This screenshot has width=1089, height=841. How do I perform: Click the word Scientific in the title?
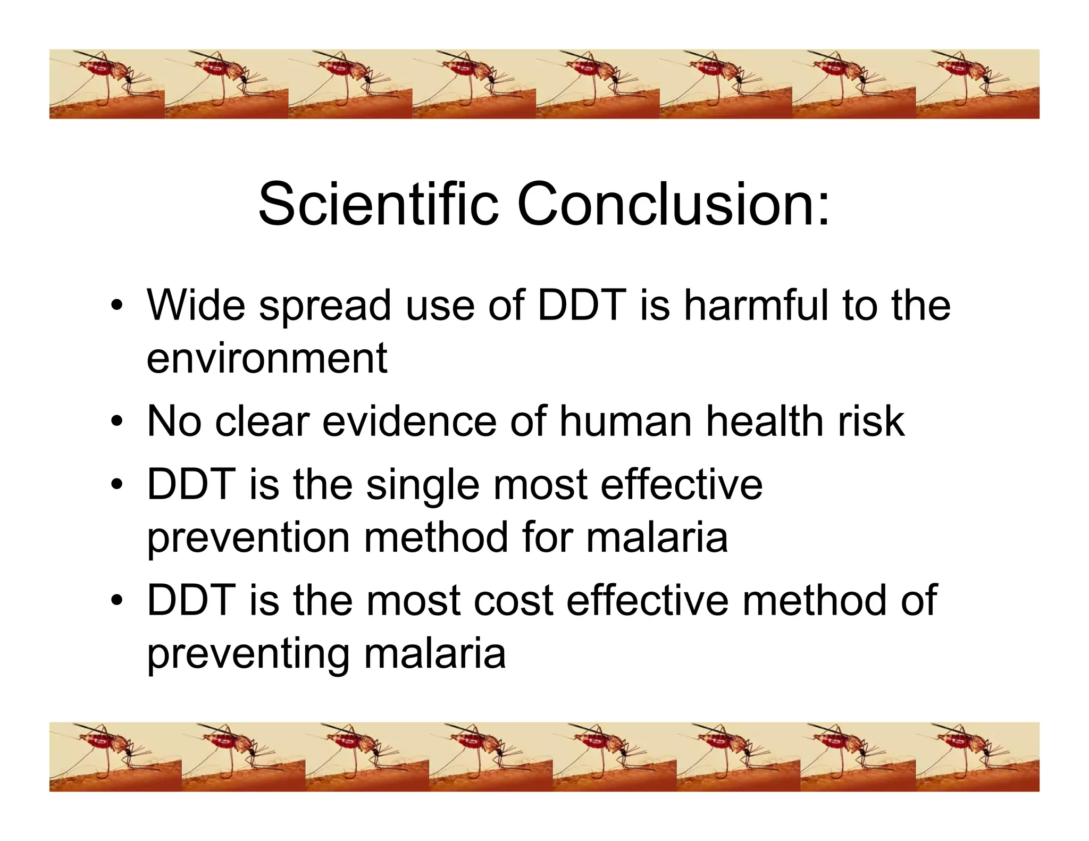(x=378, y=205)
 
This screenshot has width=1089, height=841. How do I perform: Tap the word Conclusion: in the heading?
(x=673, y=205)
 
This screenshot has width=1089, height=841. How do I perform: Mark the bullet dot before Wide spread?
(x=118, y=307)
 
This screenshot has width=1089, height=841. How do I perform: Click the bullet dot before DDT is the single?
(x=118, y=485)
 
